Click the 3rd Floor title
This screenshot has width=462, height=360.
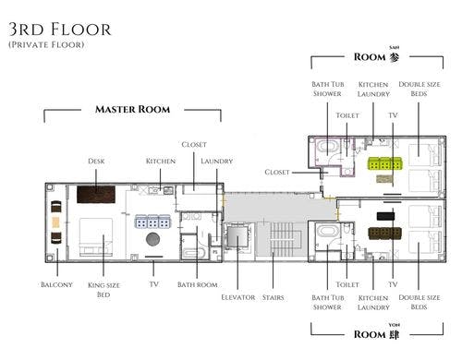[x=59, y=30]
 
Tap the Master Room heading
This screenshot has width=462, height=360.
[x=132, y=109]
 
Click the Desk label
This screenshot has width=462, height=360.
[x=96, y=161]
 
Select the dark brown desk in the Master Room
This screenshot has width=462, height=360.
[x=96, y=194]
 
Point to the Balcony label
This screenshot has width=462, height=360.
[x=56, y=284]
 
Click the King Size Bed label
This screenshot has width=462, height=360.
[x=103, y=290]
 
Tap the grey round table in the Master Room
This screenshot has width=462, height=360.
[x=152, y=239]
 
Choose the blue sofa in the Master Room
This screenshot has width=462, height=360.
[x=152, y=222]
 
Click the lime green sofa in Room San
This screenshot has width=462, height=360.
[x=385, y=163]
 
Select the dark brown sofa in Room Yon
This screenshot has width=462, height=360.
[x=385, y=234]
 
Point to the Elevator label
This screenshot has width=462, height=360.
[x=238, y=297]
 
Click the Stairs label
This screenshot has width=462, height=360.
[x=273, y=297]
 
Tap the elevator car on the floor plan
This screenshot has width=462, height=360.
[x=237, y=235]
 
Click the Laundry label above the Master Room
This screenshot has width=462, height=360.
[x=216, y=161]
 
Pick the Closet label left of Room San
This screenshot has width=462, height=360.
[x=277, y=172]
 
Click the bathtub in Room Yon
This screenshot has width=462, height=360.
[x=328, y=232]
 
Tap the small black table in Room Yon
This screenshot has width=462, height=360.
[x=385, y=216]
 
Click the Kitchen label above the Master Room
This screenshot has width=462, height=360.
[x=161, y=161]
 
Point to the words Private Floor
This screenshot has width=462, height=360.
[x=46, y=44]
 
